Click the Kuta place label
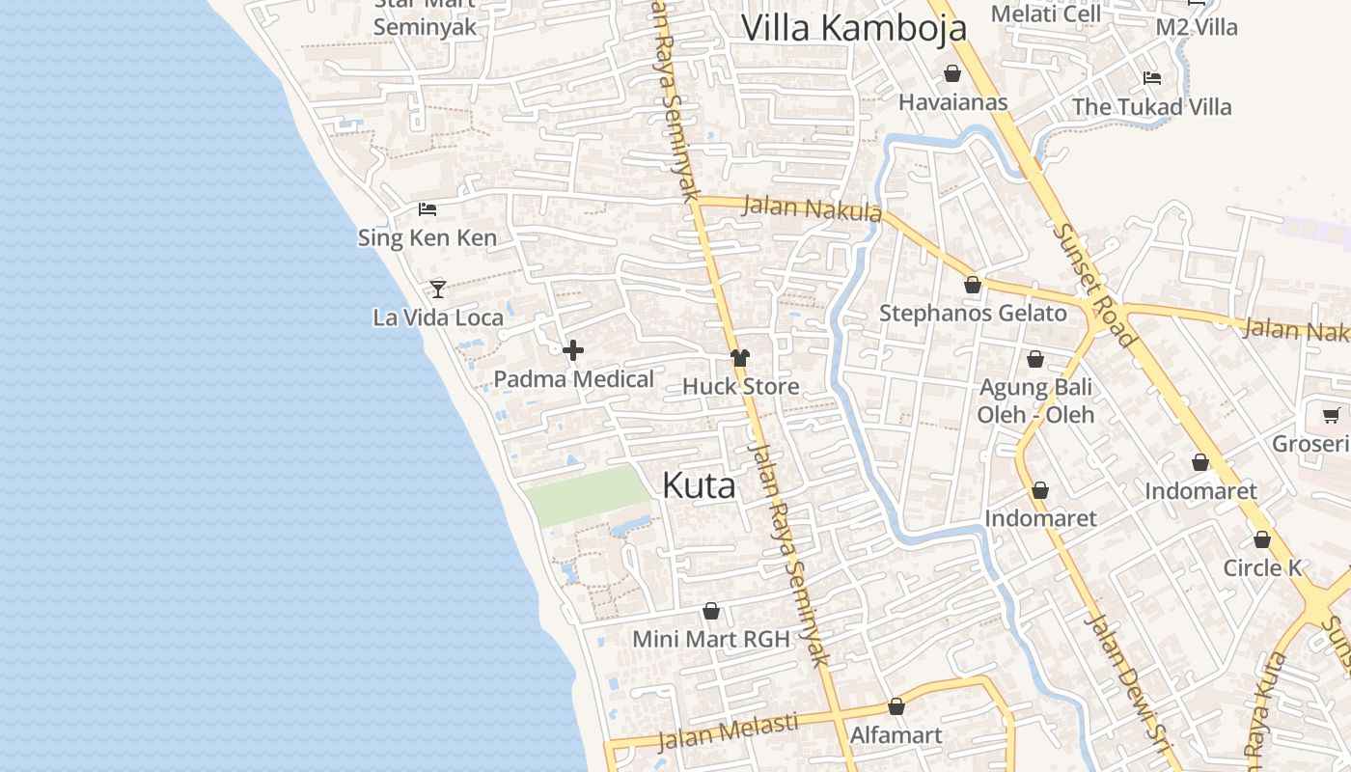point(699,485)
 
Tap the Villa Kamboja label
point(853,27)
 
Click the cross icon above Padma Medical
point(573,350)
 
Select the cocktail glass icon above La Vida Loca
point(438,289)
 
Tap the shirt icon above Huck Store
point(740,358)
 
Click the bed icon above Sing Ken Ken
point(427,208)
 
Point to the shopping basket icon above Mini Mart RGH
point(711,611)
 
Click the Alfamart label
point(896,735)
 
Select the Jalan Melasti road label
point(728,731)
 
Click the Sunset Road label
point(1093,285)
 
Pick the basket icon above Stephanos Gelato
point(973,285)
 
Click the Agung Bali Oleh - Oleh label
point(1035,400)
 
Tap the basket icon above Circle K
point(1262,539)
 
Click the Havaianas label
point(952,102)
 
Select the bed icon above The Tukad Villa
point(1151,78)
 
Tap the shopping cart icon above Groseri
point(1331,416)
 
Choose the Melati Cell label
point(1046,14)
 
